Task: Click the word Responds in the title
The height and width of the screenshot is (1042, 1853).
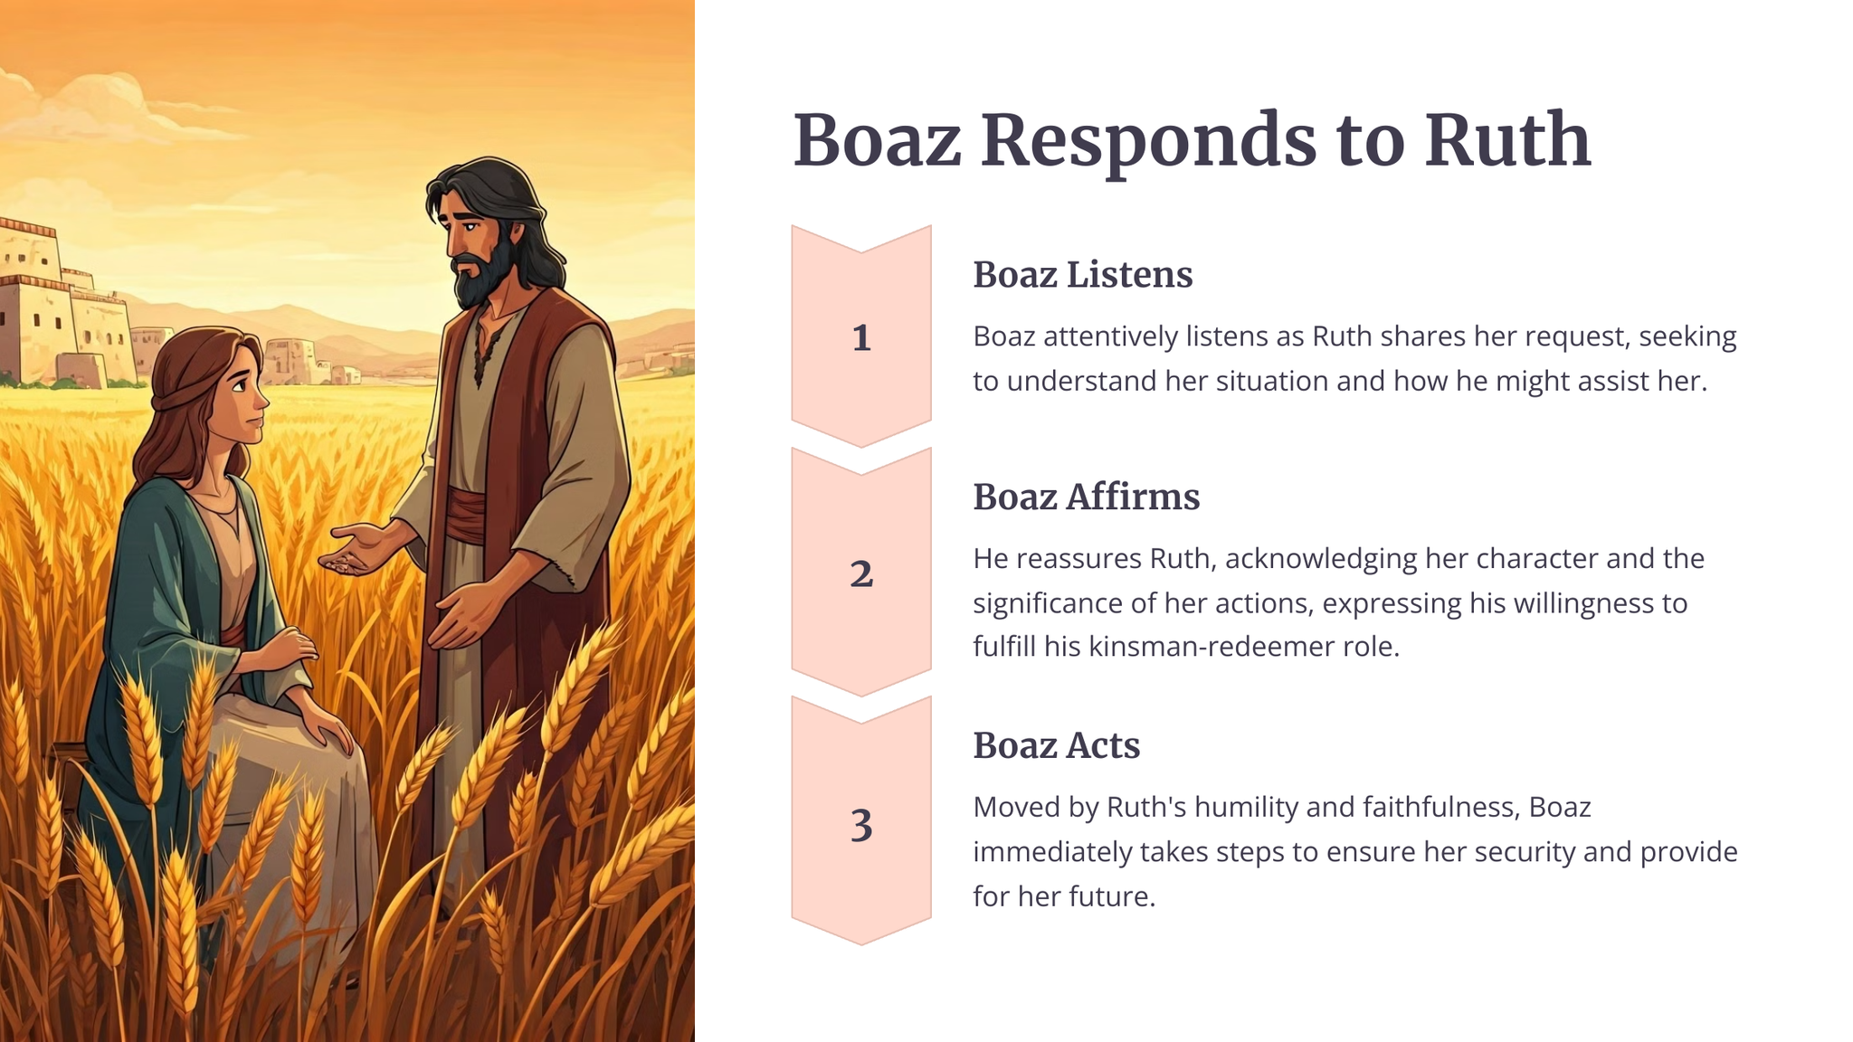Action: pyautogui.click(x=1148, y=141)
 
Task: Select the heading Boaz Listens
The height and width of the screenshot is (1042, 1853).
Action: pyautogui.click(x=1083, y=274)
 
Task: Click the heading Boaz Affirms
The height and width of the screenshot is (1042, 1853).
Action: pyautogui.click(x=1087, y=497)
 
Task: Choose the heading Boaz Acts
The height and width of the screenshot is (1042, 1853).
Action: pyautogui.click(x=1057, y=745)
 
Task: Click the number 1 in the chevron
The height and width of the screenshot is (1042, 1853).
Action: pyautogui.click(x=861, y=338)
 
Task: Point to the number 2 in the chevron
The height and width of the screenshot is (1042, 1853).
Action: pyautogui.click(x=861, y=574)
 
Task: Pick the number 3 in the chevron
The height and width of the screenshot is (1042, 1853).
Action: pyautogui.click(x=861, y=826)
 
